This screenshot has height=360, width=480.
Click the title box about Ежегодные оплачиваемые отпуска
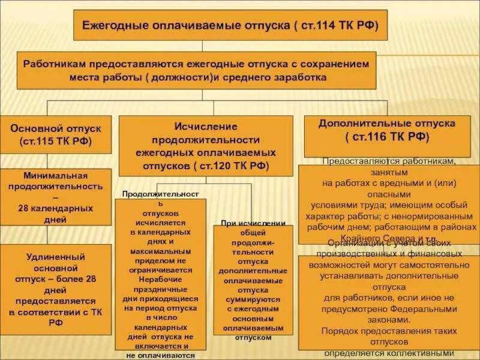pyautogui.click(x=230, y=26)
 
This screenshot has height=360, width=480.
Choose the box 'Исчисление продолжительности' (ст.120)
pyautogui.click(x=205, y=146)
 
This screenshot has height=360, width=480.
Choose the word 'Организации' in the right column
pyautogui.click(x=353, y=242)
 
